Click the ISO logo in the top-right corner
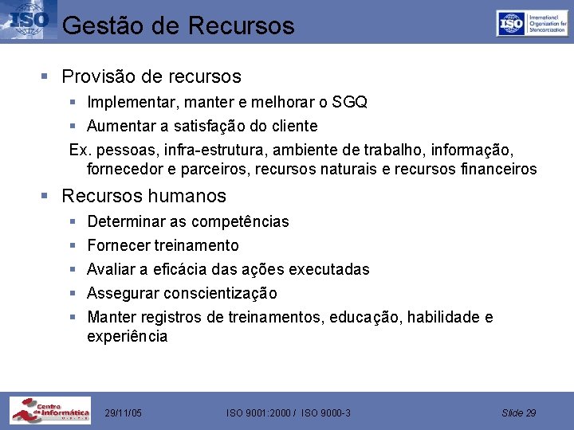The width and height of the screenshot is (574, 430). (532, 23)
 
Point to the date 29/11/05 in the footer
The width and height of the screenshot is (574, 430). (124, 412)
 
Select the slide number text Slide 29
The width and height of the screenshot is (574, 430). (519, 412)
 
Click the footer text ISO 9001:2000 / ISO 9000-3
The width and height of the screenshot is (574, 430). (289, 412)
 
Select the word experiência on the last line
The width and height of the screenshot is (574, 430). (128, 336)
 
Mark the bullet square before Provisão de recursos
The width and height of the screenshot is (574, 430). (46, 77)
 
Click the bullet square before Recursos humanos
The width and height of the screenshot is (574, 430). (46, 196)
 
